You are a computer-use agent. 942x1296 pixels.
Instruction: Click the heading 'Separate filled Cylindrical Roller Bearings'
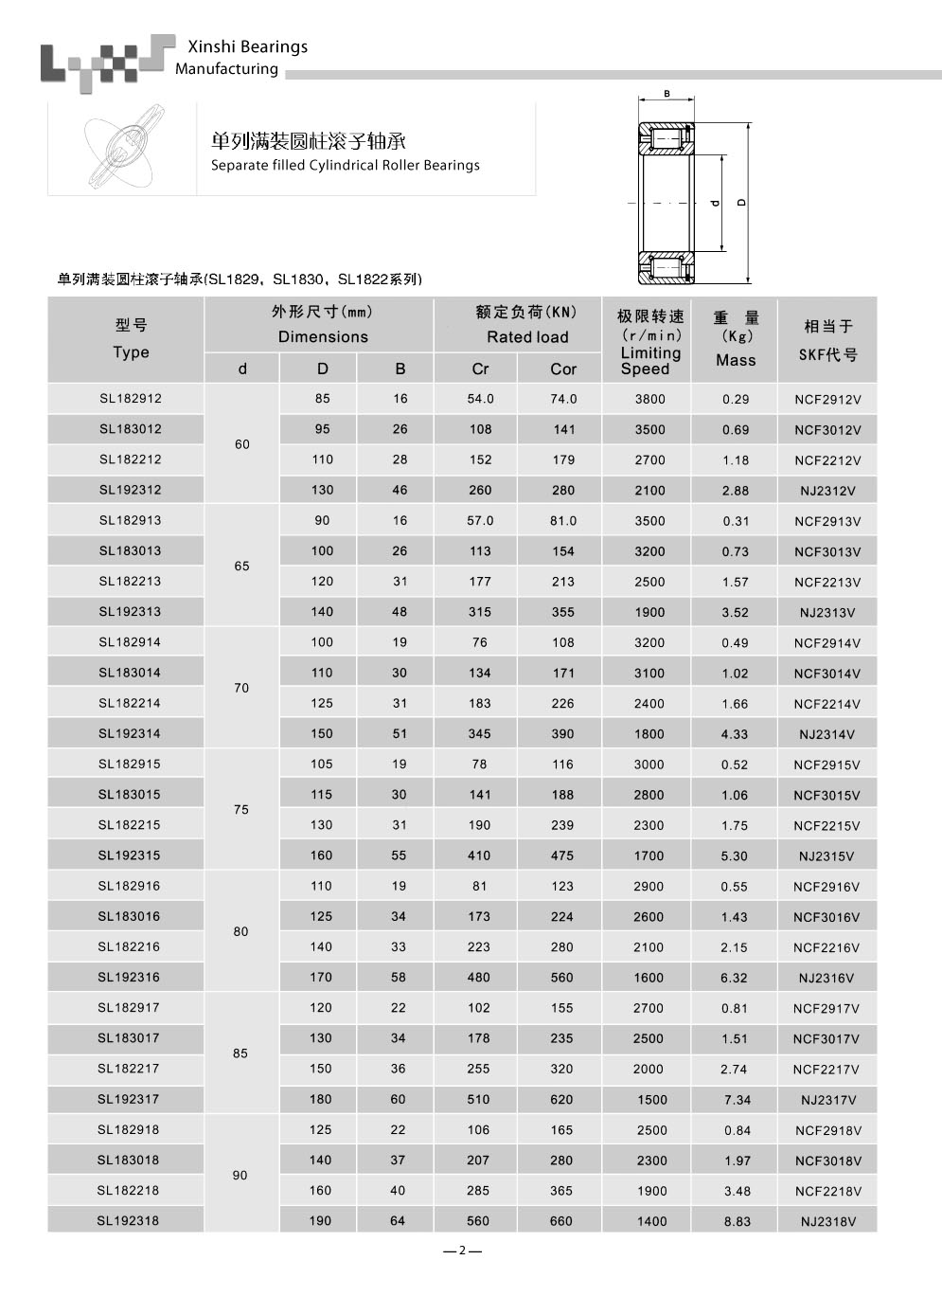point(345,166)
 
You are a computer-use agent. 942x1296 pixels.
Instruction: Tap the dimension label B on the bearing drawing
point(667,94)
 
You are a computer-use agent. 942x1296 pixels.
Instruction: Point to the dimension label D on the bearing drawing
point(742,202)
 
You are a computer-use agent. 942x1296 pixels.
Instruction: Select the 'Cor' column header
point(563,369)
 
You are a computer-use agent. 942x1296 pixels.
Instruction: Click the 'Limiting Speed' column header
point(650,360)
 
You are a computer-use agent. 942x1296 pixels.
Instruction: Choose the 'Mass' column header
point(736,360)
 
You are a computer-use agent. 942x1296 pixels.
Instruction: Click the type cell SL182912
point(131,399)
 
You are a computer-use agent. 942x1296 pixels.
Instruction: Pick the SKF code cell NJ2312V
point(827,491)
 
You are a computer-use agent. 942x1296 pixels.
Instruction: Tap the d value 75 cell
point(241,810)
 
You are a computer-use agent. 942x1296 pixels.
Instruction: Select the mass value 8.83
point(737,1222)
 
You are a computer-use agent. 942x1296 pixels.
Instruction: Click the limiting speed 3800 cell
point(650,400)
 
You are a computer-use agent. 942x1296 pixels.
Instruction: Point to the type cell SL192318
point(128,1221)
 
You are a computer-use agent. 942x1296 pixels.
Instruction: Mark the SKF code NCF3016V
point(826,917)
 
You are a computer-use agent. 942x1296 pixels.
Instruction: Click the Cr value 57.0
point(480,521)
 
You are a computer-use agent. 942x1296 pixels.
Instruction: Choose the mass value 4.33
point(735,734)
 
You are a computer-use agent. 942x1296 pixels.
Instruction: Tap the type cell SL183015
point(130,795)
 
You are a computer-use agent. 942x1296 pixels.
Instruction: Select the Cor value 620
point(561,1100)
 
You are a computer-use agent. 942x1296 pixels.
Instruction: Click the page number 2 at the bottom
point(462,1251)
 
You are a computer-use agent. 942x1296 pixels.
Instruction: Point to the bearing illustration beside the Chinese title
point(121,150)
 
